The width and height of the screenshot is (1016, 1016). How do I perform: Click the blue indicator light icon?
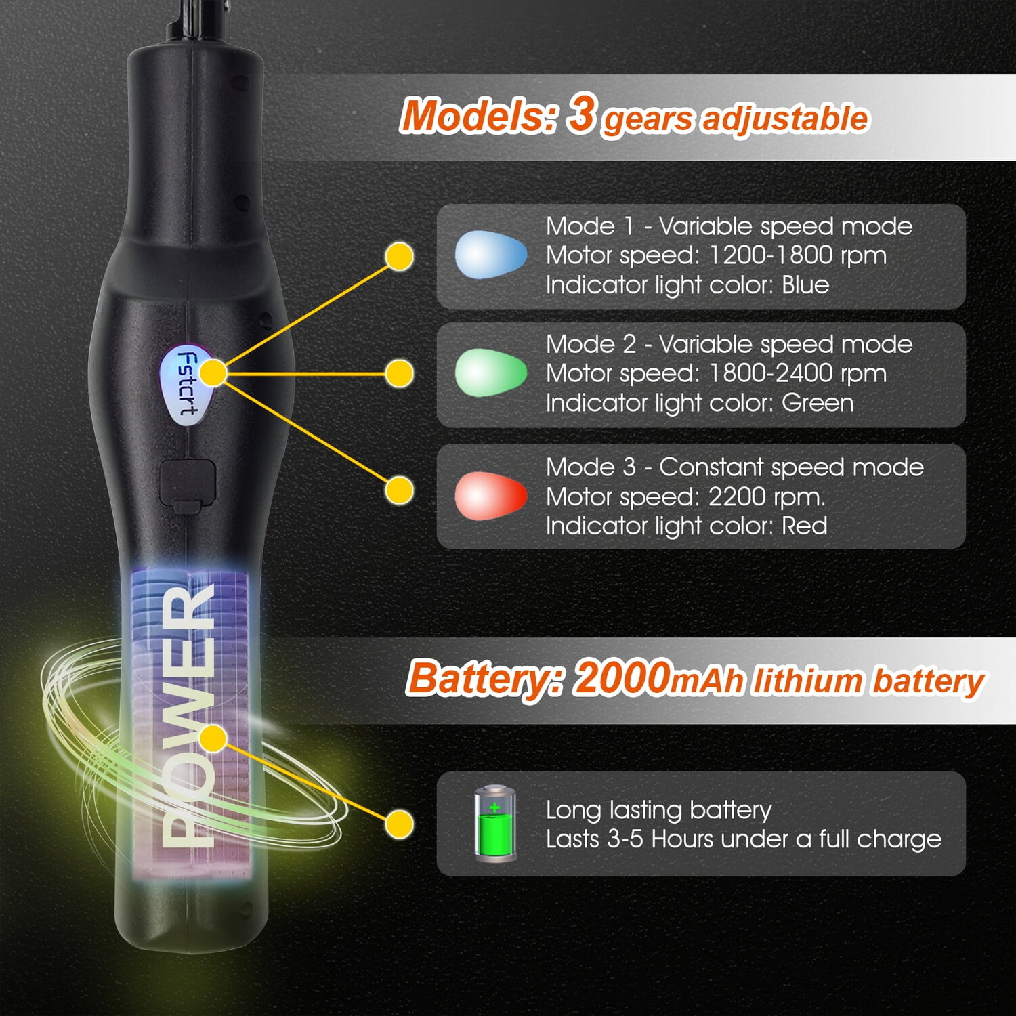[x=491, y=255]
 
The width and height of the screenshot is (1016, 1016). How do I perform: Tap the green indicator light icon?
[x=491, y=373]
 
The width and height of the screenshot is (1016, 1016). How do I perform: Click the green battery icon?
[x=495, y=823]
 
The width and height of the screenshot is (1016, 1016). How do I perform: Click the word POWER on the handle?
[x=189, y=715]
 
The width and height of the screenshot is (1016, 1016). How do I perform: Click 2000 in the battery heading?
[x=621, y=677]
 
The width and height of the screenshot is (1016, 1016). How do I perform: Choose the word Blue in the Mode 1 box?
[x=805, y=284]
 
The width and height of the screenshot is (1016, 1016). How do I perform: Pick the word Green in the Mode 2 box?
[x=818, y=403]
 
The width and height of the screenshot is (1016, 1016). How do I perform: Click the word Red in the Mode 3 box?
[x=805, y=526]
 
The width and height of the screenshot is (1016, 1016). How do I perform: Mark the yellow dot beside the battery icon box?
[x=400, y=824]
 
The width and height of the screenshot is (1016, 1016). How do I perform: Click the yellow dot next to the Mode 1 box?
[x=400, y=257]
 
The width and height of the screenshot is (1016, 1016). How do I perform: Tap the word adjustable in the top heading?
[x=784, y=119]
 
